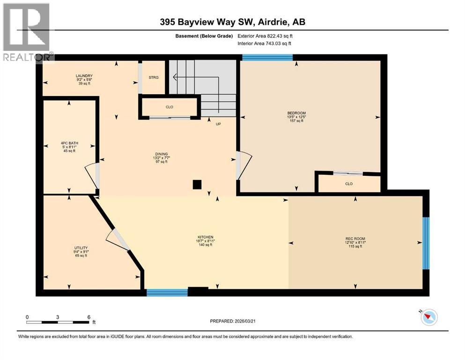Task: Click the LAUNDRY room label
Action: click(x=84, y=76)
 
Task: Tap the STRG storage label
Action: click(x=154, y=77)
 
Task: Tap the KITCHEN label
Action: click(x=205, y=237)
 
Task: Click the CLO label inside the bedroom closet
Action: click(x=348, y=184)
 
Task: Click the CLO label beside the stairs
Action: click(x=170, y=107)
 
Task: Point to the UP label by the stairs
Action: click(x=218, y=124)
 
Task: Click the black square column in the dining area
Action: click(x=197, y=184)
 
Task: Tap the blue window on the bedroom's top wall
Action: click(x=267, y=58)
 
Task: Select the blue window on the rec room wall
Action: click(x=426, y=243)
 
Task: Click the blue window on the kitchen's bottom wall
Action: click(x=167, y=292)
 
